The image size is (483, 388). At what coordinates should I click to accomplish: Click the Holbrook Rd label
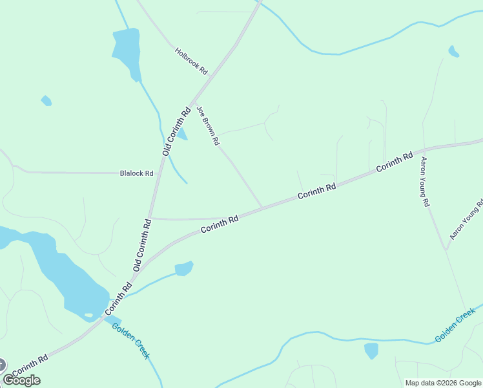(x=190, y=60)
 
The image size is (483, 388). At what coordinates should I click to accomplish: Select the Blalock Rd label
(x=137, y=173)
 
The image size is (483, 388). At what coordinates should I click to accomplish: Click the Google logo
(x=21, y=380)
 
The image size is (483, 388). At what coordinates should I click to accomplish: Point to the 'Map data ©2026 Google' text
(x=443, y=383)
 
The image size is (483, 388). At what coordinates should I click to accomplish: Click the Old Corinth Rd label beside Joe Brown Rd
(x=176, y=131)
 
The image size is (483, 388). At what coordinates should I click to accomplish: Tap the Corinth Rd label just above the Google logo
(x=30, y=365)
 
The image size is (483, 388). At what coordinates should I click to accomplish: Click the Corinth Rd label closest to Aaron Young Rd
(x=394, y=162)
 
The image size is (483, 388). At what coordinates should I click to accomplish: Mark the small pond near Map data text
(x=371, y=350)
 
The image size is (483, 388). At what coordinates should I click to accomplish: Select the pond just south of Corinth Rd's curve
(x=184, y=268)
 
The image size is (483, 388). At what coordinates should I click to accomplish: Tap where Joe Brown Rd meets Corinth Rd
(x=262, y=208)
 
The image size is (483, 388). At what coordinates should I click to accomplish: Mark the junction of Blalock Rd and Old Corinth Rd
(x=155, y=173)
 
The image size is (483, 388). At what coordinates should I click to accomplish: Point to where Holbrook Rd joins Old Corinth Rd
(x=211, y=76)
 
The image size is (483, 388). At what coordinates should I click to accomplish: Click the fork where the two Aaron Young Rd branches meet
(x=445, y=249)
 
